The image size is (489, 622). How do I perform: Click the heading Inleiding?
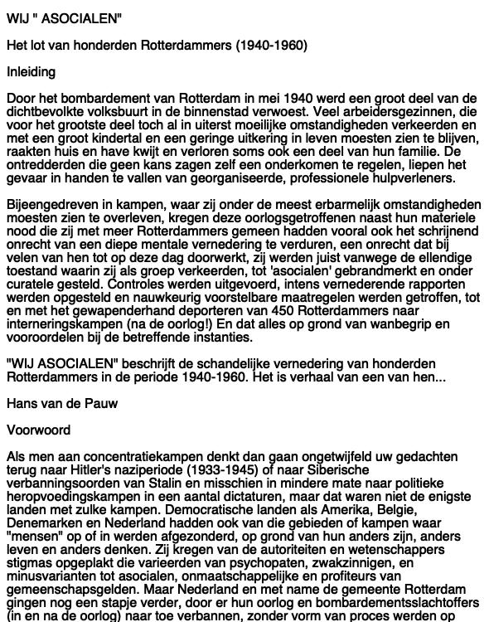31,72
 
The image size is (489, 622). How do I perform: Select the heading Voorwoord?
37,430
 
